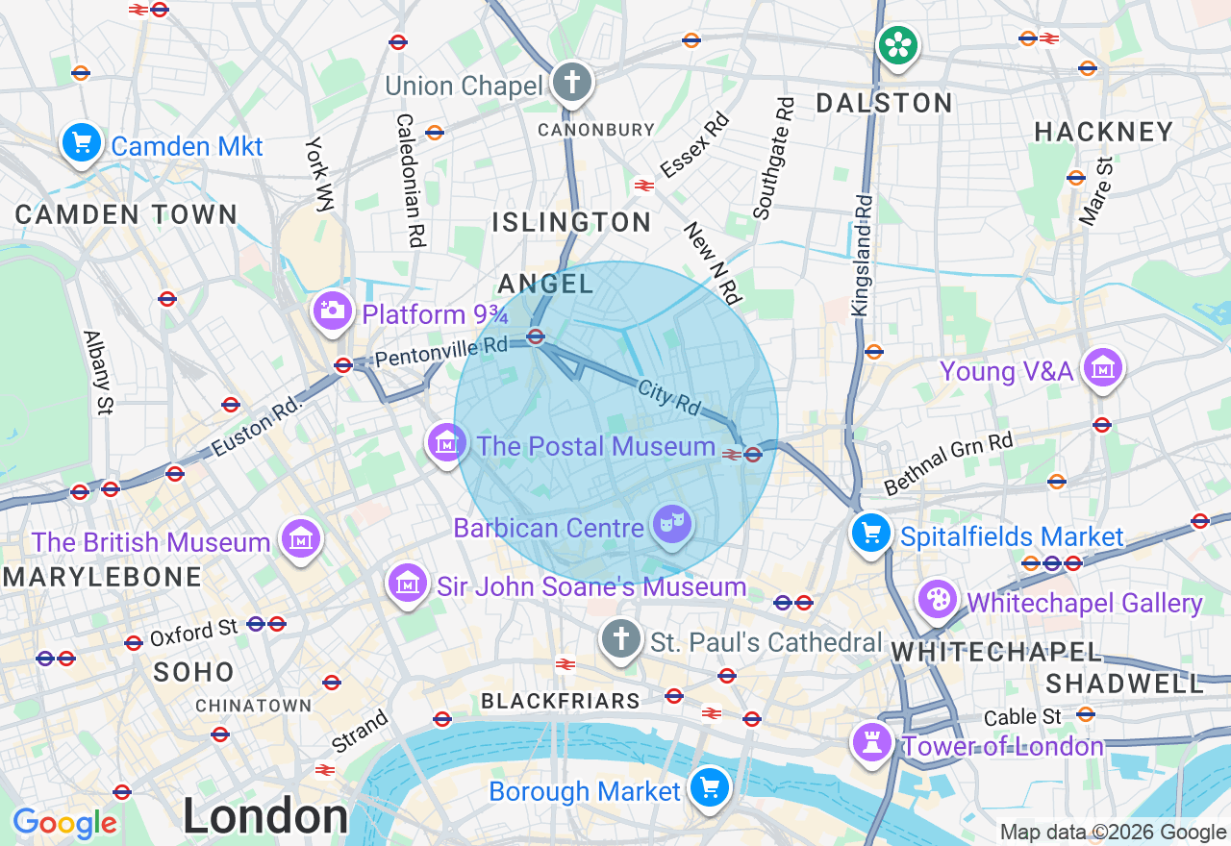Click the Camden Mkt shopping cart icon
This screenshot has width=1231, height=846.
tap(82, 143)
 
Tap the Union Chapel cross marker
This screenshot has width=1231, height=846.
tap(572, 83)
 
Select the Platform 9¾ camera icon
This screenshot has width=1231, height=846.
tap(333, 311)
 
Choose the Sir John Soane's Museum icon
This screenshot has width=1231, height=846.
tap(408, 583)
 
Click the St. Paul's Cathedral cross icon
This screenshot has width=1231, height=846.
tap(621, 638)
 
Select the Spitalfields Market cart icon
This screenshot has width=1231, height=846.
tap(871, 533)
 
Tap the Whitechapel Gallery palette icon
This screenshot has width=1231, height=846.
tap(938, 600)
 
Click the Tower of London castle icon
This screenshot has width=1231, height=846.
tap(873, 742)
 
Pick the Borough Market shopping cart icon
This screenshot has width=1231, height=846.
tap(710, 788)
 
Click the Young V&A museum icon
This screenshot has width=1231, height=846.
tap(1103, 367)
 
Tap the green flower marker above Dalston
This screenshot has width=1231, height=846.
tap(897, 45)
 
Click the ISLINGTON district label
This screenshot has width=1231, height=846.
tap(572, 223)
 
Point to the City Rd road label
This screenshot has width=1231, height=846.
tap(669, 397)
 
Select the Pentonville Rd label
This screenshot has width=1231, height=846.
tap(441, 352)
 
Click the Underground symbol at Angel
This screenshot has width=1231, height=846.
tap(537, 336)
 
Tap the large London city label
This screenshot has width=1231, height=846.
tap(265, 816)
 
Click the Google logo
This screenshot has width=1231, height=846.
tap(64, 824)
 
